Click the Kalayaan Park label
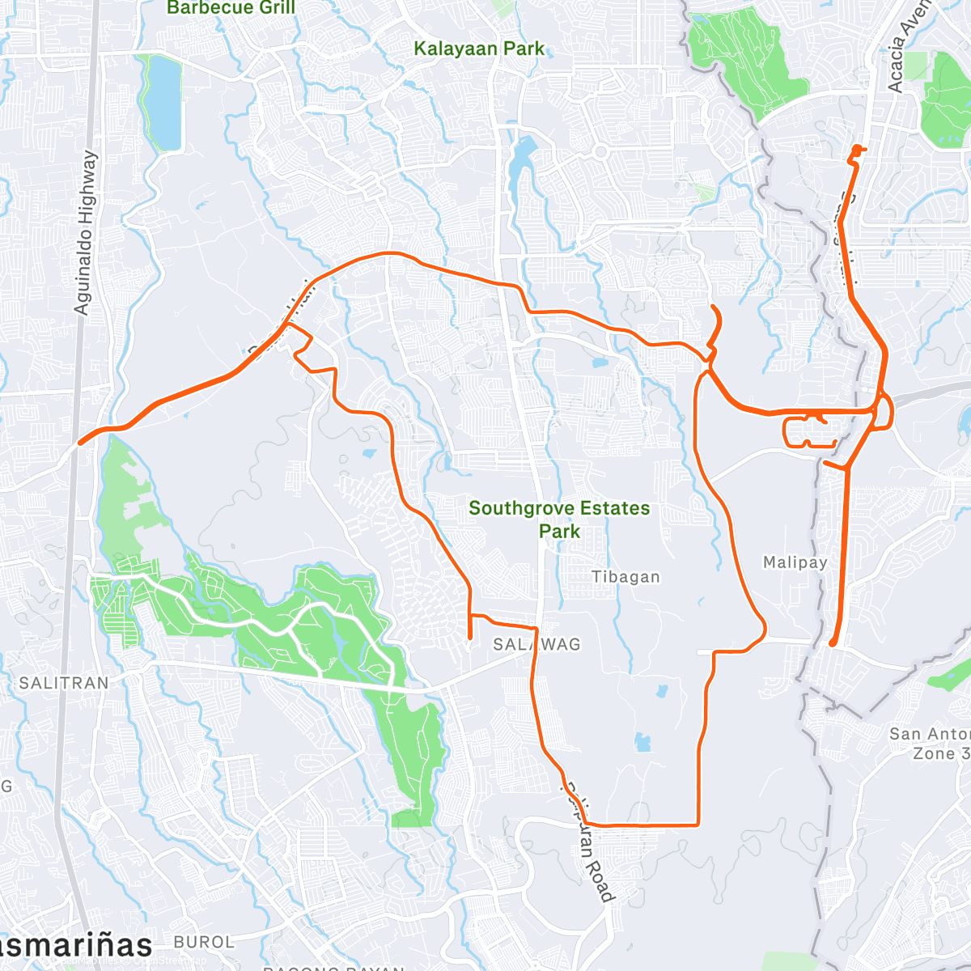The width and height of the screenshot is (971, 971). point(479,49)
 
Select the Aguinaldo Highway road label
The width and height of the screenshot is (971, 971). point(85,233)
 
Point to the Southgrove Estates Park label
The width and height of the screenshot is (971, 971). point(559,519)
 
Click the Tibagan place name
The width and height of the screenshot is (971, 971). point(625,577)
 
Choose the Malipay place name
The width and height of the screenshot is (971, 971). point(795,562)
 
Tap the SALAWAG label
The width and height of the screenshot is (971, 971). point(537,644)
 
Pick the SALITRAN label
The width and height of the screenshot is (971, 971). point(64,683)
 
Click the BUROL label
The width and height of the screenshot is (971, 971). point(204,942)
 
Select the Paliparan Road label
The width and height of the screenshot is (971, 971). point(588,842)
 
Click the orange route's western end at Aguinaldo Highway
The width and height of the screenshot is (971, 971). point(79,443)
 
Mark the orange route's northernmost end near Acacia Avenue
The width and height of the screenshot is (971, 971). point(857,149)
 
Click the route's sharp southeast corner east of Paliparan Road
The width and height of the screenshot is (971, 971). point(698,824)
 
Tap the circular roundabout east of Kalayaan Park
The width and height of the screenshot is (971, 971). point(600,151)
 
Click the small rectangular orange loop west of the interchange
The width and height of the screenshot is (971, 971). point(809,431)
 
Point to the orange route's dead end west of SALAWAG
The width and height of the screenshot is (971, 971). point(470,639)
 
